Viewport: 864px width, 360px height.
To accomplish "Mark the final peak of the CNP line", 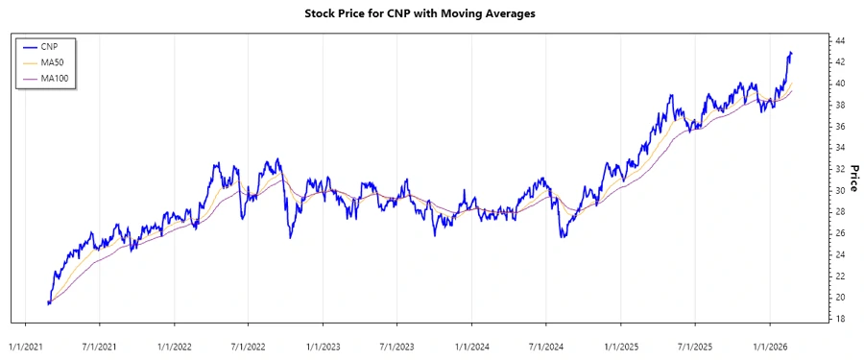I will [x=791, y=52].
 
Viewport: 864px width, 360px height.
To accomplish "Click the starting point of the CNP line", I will [x=48, y=302].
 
